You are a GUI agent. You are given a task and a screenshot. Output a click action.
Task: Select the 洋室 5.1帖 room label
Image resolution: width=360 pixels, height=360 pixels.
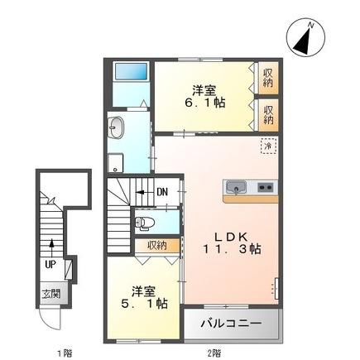tap(142, 297)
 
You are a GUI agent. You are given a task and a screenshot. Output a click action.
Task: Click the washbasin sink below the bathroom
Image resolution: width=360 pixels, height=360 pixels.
tap(117, 127)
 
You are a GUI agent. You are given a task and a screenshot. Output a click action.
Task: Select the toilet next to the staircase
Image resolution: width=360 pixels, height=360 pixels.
tap(145, 222)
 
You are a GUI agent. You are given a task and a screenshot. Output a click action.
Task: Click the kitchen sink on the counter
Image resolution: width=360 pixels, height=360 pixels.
tap(235, 186)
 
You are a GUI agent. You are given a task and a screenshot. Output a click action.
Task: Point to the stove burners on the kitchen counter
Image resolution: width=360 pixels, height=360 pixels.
tap(265, 186)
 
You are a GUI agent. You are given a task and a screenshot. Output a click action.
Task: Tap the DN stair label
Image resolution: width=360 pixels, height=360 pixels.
tap(162, 194)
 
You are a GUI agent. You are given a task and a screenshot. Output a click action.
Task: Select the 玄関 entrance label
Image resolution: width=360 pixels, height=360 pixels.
tap(50, 294)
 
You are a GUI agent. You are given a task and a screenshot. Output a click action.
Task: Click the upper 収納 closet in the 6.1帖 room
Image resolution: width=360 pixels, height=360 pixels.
tap(269, 79)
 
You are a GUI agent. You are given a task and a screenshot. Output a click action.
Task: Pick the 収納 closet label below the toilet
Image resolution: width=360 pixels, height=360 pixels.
tap(157, 245)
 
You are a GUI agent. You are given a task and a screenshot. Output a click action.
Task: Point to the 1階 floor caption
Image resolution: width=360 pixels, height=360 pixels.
tap(63, 353)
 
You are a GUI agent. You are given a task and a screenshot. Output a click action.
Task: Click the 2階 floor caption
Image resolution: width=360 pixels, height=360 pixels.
tap(214, 353)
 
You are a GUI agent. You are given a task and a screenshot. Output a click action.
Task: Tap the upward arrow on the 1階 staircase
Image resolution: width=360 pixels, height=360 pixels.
tap(51, 245)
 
